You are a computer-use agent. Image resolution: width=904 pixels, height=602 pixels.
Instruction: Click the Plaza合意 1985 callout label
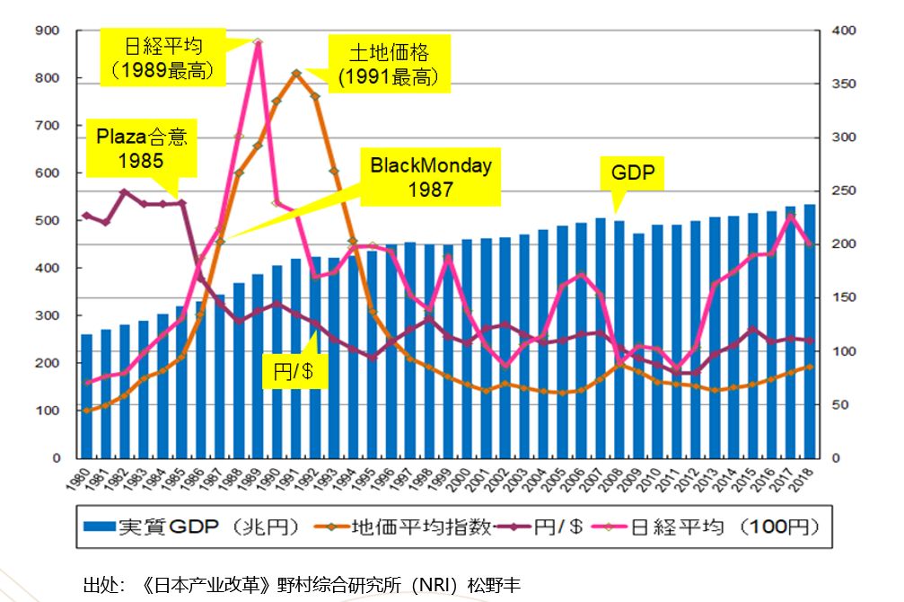(141, 149)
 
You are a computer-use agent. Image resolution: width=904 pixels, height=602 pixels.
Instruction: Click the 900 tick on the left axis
(48, 31)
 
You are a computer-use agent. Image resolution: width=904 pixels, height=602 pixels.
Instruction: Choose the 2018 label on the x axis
(808, 474)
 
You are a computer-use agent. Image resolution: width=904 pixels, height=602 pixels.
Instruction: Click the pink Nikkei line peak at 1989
(258, 42)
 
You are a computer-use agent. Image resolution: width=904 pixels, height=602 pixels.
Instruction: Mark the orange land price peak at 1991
(295, 73)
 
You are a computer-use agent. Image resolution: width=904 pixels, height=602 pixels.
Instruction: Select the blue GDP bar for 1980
(87, 396)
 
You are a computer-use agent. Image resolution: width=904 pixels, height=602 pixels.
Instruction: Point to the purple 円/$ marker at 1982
(125, 191)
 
